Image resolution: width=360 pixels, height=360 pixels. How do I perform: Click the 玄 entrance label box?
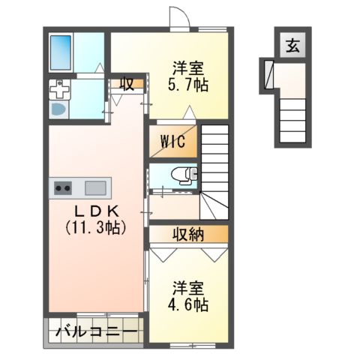290,46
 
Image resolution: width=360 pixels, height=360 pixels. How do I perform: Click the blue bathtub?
60,51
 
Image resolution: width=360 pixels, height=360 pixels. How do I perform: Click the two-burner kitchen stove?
62,187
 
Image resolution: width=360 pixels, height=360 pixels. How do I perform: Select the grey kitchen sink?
95,187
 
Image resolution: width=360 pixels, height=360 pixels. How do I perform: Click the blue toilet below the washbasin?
59,109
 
